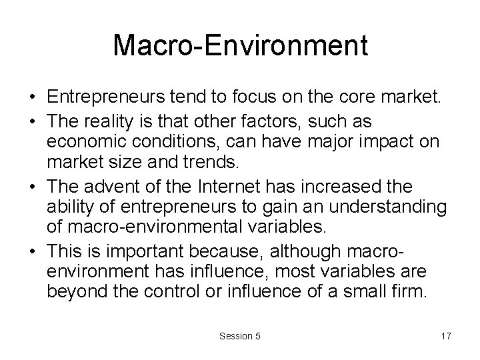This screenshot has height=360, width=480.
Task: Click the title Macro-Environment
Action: [x=240, y=45]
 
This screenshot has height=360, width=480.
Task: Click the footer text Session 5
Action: [x=239, y=336]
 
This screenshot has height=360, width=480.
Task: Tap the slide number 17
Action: [x=445, y=336]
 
